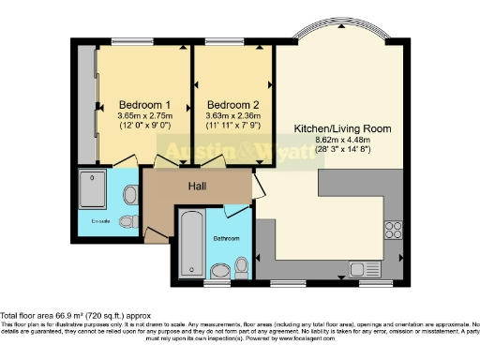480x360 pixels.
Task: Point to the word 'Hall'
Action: click(197, 187)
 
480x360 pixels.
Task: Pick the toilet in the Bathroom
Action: click(220, 272)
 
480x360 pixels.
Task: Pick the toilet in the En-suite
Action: click(128, 196)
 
